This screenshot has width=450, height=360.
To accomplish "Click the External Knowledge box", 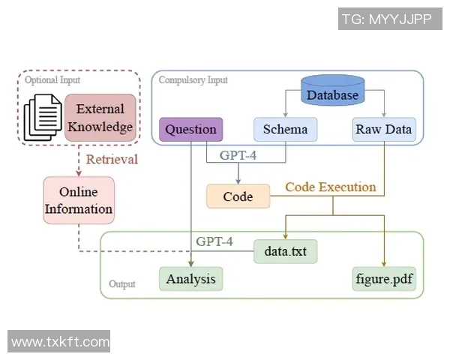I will pyautogui.click(x=100, y=117).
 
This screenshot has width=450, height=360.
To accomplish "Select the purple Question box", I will pyautogui.click(x=190, y=130).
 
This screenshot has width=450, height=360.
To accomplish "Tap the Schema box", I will pyautogui.click(x=285, y=130).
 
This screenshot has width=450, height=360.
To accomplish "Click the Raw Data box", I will pyautogui.click(x=383, y=130).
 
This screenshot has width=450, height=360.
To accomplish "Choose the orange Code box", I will pyautogui.click(x=238, y=196).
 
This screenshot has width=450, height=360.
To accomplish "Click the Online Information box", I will pyautogui.click(x=79, y=199).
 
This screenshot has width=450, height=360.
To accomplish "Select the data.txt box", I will pyautogui.click(x=285, y=251).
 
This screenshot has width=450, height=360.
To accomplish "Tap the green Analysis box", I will pyautogui.click(x=190, y=280).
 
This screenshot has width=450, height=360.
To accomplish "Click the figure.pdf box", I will pyautogui.click(x=384, y=280).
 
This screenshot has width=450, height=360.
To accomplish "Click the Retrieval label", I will pyautogui.click(x=112, y=159).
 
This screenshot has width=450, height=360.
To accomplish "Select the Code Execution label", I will pyautogui.click(x=330, y=187).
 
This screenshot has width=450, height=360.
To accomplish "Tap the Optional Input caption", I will pyautogui.click(x=52, y=79).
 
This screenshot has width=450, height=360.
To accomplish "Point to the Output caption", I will pyautogui.click(x=122, y=285).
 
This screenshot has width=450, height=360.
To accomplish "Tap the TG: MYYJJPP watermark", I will pyautogui.click(x=386, y=19).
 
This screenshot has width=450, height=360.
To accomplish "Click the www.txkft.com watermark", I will pyautogui.click(x=60, y=342).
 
